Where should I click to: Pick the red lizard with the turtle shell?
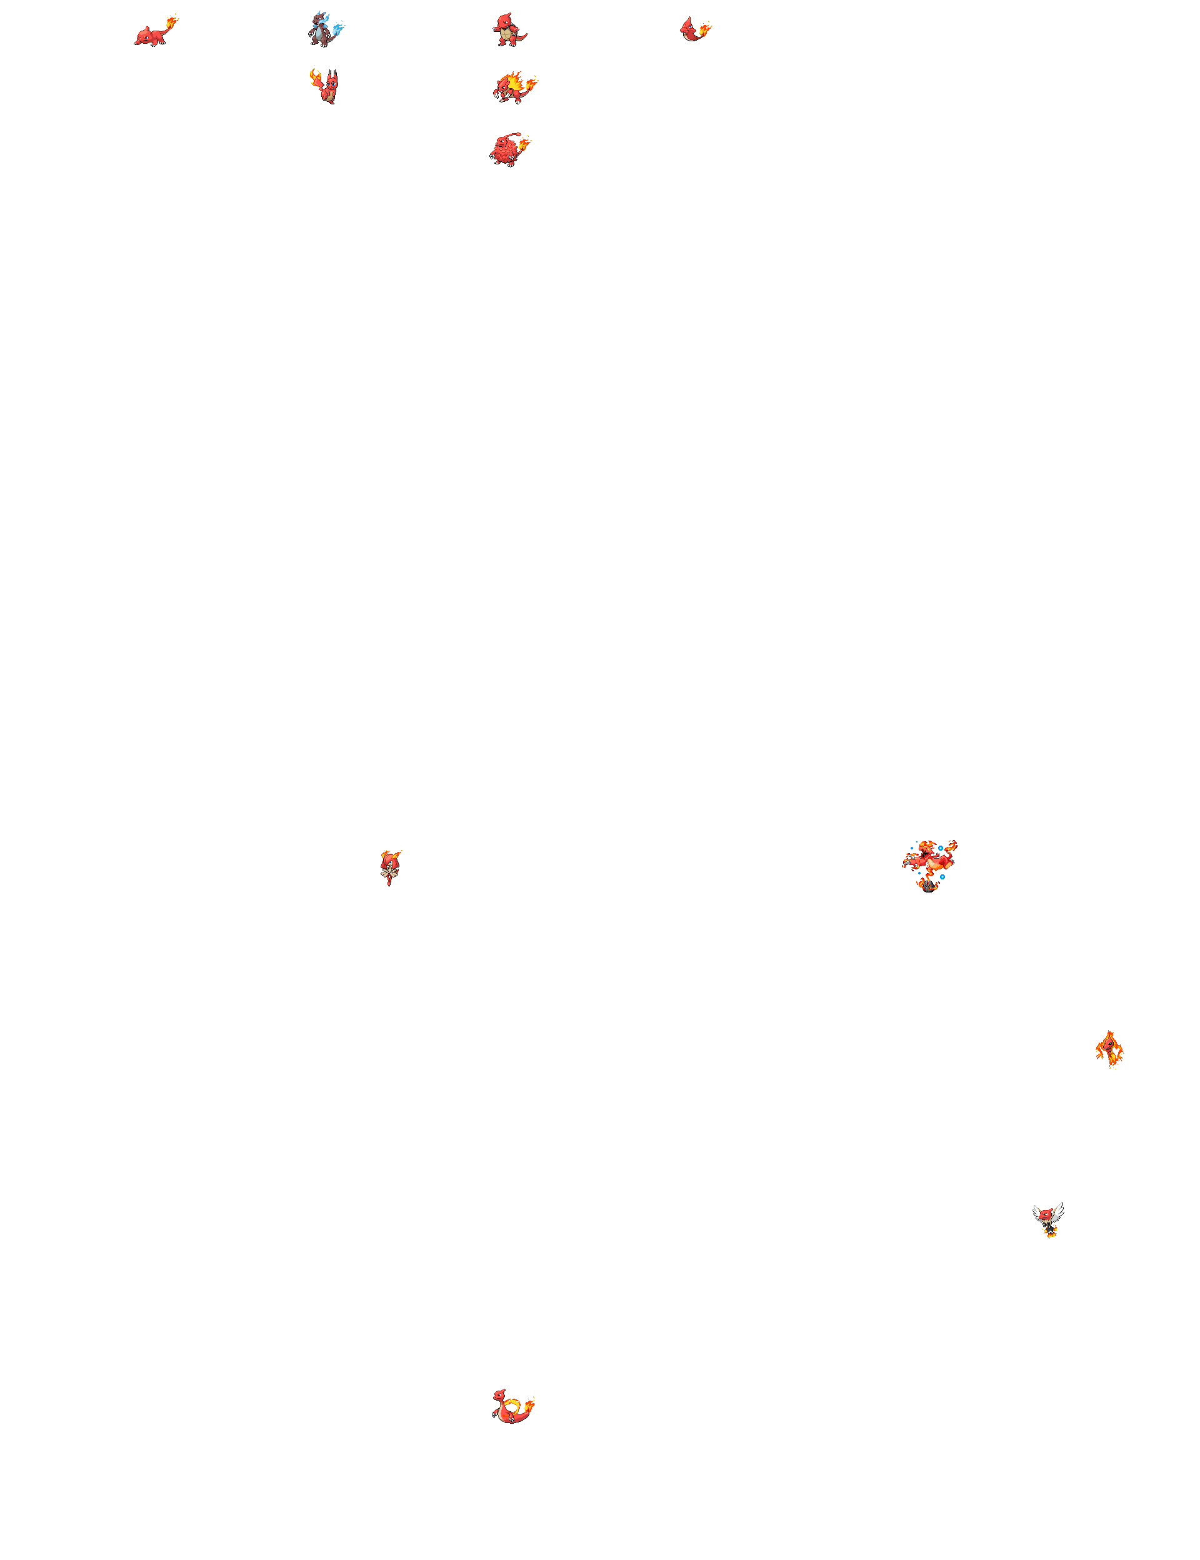(x=508, y=30)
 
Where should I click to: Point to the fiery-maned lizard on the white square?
(x=510, y=89)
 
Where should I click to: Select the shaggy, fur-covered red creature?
(x=504, y=151)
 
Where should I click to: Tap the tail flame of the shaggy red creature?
(x=525, y=144)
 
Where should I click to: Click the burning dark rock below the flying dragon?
(x=928, y=886)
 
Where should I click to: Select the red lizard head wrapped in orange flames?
(x=1109, y=1049)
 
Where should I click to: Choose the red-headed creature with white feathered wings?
(x=1048, y=1219)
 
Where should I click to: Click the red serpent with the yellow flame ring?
(x=510, y=1407)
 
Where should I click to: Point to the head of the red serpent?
(x=499, y=1394)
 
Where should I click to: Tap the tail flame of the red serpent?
(x=529, y=1405)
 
